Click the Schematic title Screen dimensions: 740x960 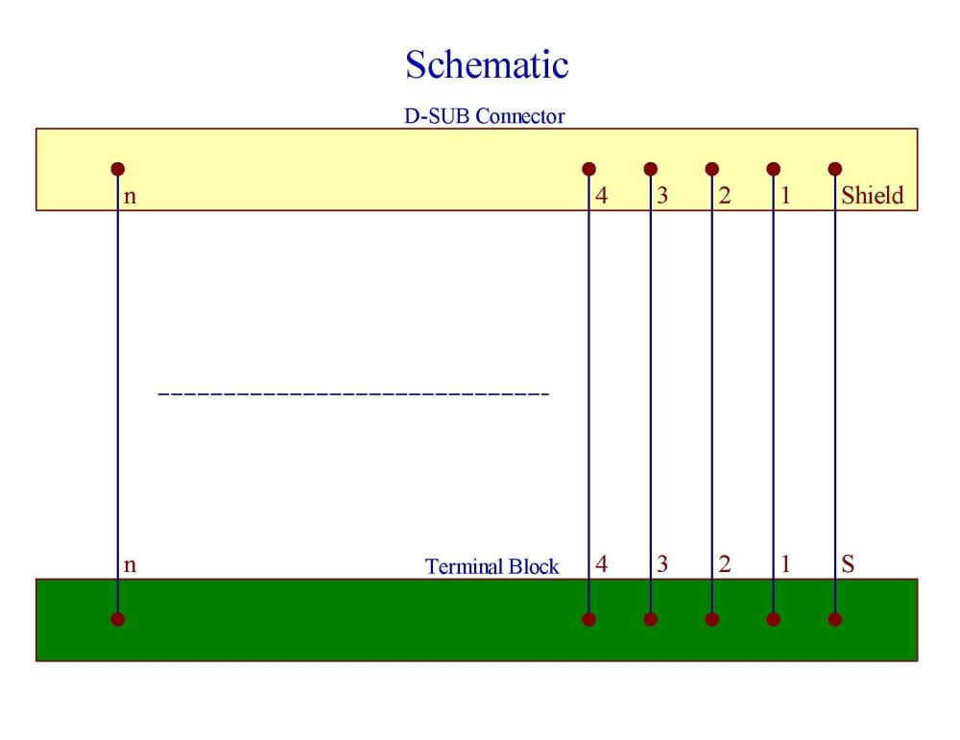pos(487,64)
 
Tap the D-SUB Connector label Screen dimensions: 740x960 pos(484,117)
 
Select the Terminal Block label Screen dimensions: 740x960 pos(492,566)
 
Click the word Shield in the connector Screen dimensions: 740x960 pos(873,196)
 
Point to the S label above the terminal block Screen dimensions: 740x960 pos(848,564)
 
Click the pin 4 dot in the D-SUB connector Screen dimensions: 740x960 pos(589,169)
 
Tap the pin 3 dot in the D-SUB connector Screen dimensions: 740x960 pos(651,169)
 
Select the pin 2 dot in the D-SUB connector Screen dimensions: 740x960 pos(712,169)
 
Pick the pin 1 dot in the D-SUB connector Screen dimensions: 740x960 pos(774,169)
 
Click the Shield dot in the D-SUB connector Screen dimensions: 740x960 pos(835,169)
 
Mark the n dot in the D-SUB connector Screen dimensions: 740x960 pos(118,169)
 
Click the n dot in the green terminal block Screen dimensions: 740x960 pos(118,619)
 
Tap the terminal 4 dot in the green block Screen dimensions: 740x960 pos(589,619)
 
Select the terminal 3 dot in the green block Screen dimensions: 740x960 pos(651,619)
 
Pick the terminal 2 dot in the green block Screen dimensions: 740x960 pos(712,619)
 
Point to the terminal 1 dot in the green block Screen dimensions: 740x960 pos(774,619)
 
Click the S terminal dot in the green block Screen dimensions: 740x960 pos(835,619)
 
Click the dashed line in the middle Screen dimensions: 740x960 pos(352,394)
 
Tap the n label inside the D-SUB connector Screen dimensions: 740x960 pos(131,197)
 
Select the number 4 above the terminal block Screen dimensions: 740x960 pos(602,564)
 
